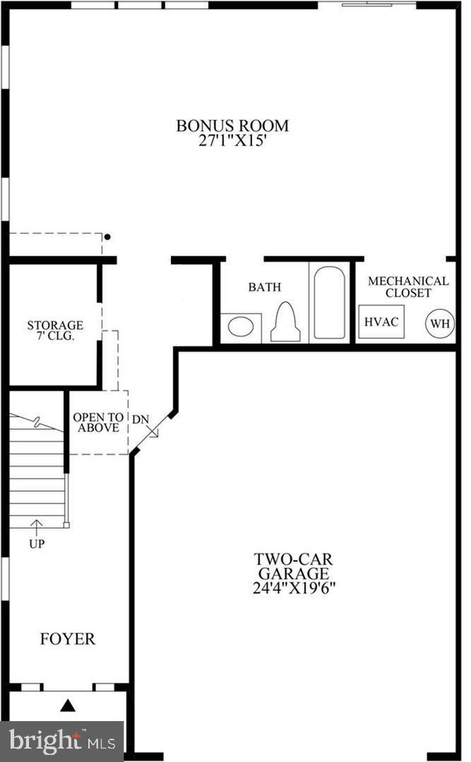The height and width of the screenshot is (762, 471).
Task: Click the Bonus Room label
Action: coord(232,126)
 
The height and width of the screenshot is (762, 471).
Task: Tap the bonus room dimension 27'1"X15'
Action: coord(232,140)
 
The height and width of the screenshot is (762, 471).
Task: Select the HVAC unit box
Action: coord(381,322)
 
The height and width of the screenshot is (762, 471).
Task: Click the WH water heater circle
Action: coord(441,323)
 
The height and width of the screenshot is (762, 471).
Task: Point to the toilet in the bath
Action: coord(285,322)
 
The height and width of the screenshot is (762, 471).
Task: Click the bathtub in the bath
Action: coord(329,302)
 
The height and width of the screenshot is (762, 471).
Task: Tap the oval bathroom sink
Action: coord(241,327)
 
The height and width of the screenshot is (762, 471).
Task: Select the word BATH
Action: coord(265,287)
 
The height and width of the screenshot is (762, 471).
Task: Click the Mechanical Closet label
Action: coord(408,286)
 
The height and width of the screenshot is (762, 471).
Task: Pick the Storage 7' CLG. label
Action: coord(55,330)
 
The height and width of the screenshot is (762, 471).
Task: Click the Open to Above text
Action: coord(98,423)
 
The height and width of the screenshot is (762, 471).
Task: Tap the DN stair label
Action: coord(141,419)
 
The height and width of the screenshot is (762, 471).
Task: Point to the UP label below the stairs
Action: coord(37,544)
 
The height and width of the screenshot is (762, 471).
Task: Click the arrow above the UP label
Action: coord(37,527)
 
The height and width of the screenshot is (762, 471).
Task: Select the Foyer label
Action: coord(68,639)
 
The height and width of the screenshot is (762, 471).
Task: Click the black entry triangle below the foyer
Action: coord(68,705)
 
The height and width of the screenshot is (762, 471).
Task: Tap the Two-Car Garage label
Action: coord(293,566)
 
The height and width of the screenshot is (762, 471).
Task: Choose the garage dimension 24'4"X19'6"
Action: coord(294,588)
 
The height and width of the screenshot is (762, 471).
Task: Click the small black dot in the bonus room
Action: coord(107,237)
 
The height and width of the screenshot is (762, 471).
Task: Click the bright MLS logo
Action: coord(62,741)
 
